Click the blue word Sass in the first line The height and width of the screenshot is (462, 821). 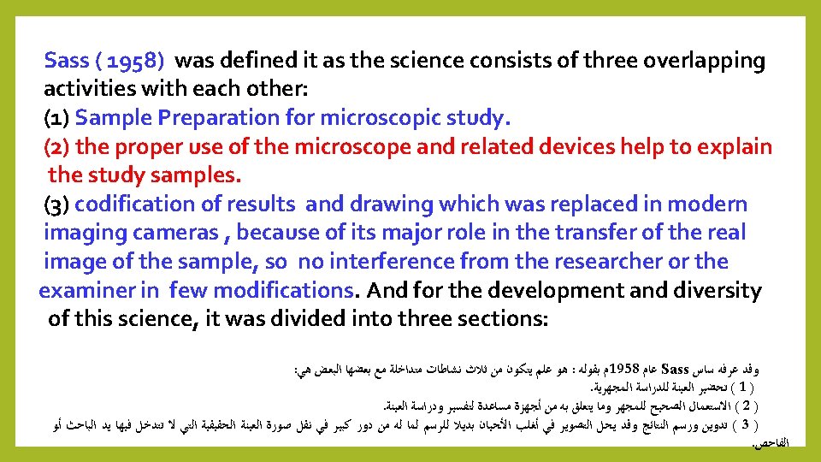[66, 61]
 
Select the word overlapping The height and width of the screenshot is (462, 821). [702, 61]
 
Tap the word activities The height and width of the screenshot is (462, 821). [92, 90]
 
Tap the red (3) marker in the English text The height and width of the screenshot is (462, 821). [59, 204]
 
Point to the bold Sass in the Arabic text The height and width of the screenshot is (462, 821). [676, 370]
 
